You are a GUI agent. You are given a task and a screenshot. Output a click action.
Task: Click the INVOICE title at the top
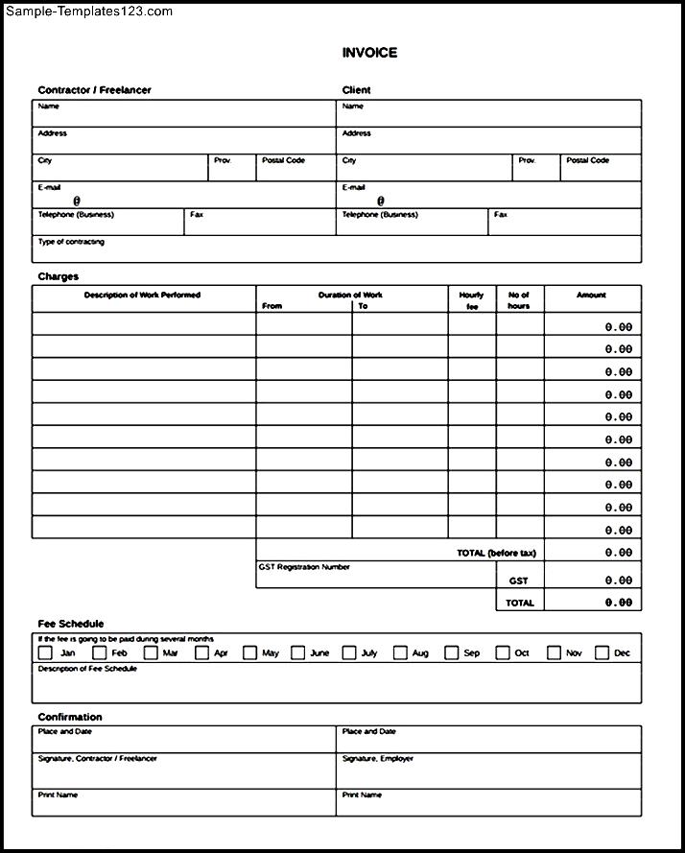[369, 53]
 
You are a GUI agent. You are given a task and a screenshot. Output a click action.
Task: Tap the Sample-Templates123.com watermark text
[89, 12]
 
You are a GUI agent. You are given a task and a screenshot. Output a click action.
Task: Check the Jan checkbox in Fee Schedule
[45, 653]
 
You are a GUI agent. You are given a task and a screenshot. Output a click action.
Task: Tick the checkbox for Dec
[602, 653]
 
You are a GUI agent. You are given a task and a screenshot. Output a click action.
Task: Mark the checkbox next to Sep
[451, 653]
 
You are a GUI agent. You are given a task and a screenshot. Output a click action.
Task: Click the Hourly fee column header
[471, 300]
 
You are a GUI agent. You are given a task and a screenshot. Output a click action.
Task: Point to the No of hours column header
[519, 300]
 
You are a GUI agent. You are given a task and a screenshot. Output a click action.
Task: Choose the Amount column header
[591, 296]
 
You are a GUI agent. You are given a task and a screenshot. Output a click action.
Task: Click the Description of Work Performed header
[142, 296]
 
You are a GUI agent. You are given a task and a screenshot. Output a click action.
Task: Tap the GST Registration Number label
[304, 567]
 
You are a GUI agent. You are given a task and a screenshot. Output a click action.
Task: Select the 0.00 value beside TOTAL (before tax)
[619, 553]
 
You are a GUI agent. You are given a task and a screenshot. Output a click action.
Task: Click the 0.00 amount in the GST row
[619, 581]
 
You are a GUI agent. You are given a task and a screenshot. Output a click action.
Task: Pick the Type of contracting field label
[71, 242]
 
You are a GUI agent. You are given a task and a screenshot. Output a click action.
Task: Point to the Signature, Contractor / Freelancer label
[97, 758]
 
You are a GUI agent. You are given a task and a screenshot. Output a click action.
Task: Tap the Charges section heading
[58, 276]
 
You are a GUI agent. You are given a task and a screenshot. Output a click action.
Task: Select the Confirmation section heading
[69, 717]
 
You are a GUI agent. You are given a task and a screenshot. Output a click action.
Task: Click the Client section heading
[356, 90]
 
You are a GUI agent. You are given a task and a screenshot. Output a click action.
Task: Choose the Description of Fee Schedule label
[87, 668]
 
